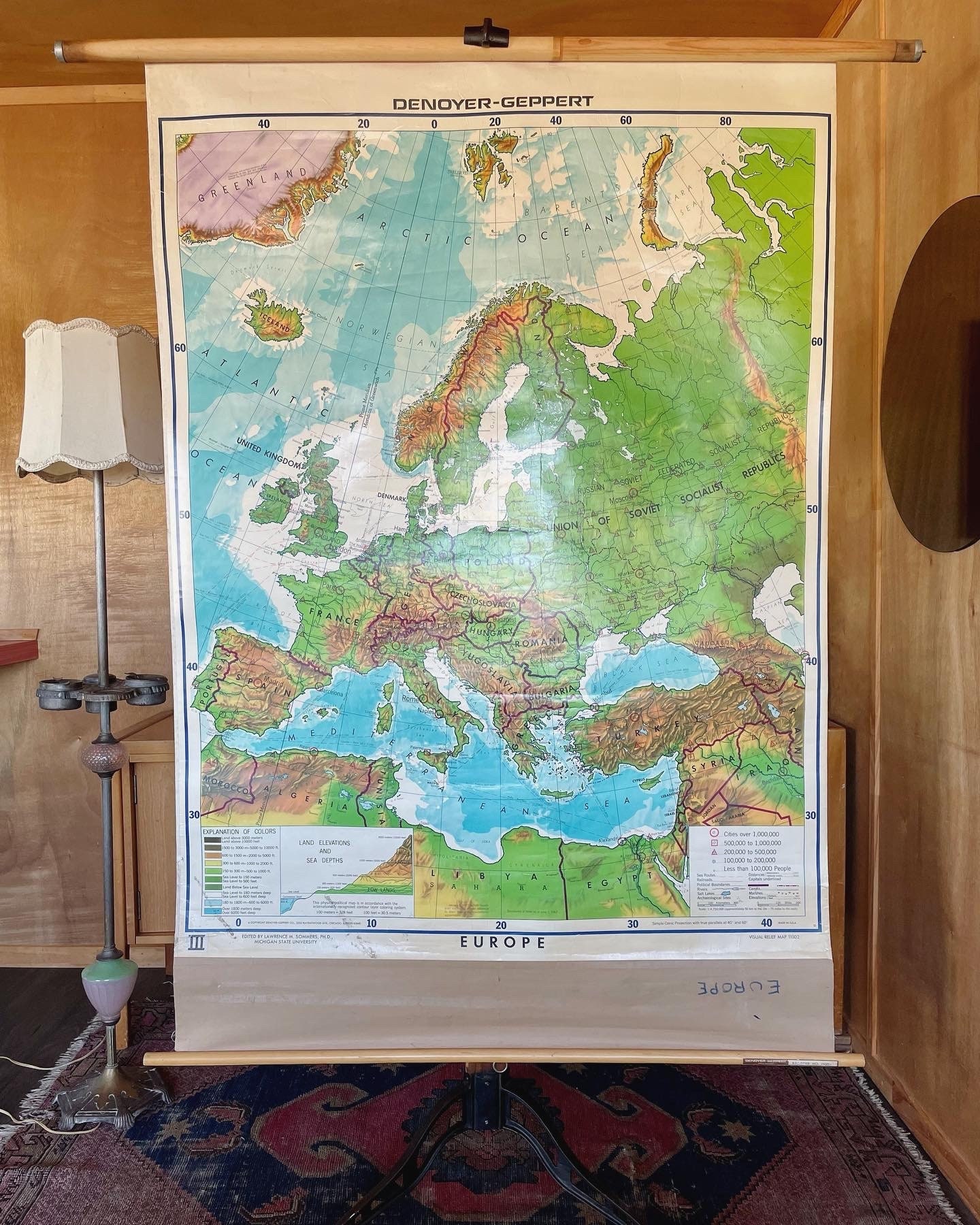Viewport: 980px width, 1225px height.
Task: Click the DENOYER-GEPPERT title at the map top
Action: tap(493, 103)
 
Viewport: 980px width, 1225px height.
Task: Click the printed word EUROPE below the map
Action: tap(502, 943)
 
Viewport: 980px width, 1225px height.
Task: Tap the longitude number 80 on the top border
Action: tap(725, 122)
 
